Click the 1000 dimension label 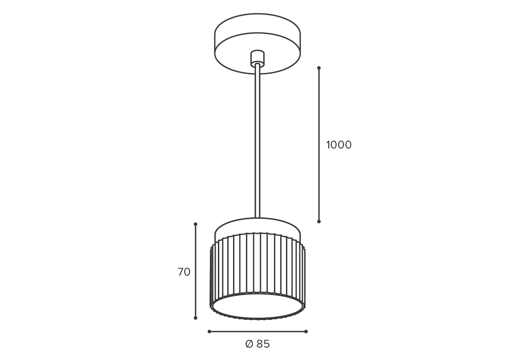(x=338, y=145)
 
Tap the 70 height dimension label (x=184, y=272)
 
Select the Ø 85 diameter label (x=257, y=344)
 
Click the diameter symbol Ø (x=249, y=344)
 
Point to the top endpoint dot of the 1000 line (x=318, y=68)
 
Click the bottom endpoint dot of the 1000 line (x=318, y=221)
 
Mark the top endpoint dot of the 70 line (x=195, y=224)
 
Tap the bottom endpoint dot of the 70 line (x=195, y=318)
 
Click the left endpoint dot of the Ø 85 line (x=209, y=332)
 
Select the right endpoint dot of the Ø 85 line (x=306, y=332)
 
